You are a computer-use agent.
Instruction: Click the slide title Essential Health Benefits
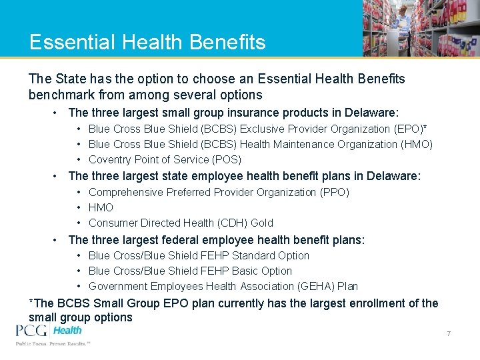tap(147, 42)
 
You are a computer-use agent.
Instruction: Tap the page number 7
tap(449, 333)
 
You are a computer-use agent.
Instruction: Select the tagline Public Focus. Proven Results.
tap(53, 344)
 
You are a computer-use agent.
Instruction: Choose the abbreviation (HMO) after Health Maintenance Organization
tap(417, 144)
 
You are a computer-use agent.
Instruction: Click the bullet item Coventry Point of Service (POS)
tap(165, 159)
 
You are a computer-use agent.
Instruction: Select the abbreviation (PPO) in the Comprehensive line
tap(333, 192)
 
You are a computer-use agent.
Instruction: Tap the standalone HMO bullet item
tap(101, 207)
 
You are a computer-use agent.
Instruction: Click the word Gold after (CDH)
tap(261, 223)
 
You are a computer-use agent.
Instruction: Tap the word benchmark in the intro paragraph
tap(61, 95)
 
